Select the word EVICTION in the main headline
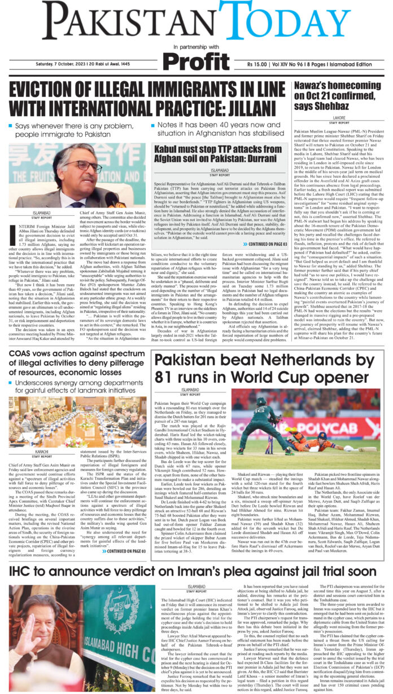click(53, 92)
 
